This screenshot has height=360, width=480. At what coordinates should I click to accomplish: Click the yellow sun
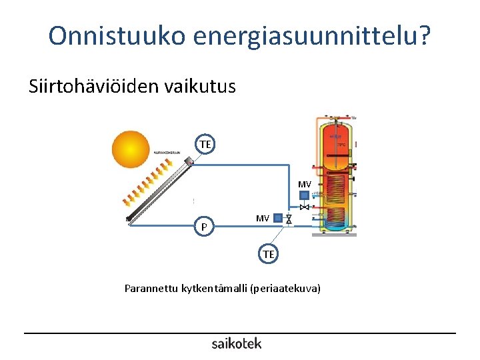click(x=131, y=149)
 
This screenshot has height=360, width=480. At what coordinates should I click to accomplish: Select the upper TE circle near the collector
click(x=205, y=144)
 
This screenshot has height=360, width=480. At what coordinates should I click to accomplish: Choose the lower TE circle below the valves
click(x=268, y=254)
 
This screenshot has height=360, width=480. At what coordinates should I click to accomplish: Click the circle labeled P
click(x=205, y=227)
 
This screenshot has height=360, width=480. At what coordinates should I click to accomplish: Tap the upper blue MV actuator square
click(x=304, y=195)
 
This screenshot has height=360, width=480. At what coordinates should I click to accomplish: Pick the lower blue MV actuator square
click(x=278, y=218)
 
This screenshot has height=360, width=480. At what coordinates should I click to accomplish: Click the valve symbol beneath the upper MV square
click(x=304, y=207)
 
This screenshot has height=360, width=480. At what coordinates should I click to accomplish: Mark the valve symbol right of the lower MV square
click(x=289, y=219)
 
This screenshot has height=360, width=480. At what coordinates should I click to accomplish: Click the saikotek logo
click(x=237, y=343)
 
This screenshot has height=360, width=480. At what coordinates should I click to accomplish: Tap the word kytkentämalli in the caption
click(x=215, y=289)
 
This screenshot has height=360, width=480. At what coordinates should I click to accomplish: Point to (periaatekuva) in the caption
click(x=286, y=289)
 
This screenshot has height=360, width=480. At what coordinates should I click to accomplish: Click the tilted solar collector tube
click(x=160, y=191)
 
